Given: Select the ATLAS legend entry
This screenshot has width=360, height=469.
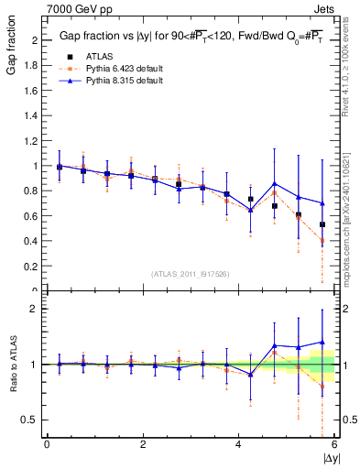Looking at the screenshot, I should (97, 56).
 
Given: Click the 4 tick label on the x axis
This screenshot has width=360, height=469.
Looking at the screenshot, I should (238, 444).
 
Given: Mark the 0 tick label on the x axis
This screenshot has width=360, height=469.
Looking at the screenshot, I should (47, 444).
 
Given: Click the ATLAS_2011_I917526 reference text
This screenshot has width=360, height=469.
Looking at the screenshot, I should (191, 274).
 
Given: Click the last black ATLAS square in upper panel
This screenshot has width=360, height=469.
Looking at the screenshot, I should (322, 224).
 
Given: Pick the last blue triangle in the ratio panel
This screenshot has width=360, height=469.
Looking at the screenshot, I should (322, 342).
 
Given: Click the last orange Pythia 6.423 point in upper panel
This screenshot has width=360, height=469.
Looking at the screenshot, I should (322, 241).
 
